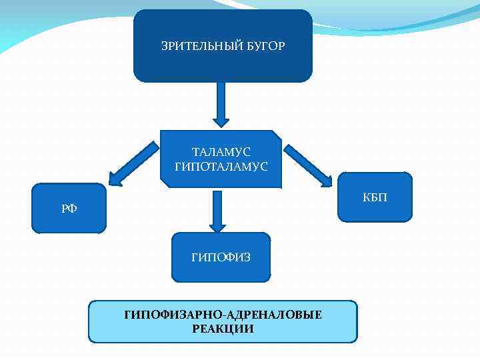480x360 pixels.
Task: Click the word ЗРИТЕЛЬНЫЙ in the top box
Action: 197,46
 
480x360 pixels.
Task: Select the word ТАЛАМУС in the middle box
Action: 221,153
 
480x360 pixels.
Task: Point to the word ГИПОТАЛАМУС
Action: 221,166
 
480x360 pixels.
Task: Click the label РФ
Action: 69,209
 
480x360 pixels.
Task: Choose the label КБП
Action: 375,198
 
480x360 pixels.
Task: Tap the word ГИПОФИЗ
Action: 221,257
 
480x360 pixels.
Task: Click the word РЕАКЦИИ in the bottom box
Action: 223,329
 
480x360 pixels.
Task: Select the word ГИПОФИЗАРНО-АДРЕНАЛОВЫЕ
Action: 223,315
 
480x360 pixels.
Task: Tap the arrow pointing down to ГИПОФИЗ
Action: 217,210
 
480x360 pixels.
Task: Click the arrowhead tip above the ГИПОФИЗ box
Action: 217,228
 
